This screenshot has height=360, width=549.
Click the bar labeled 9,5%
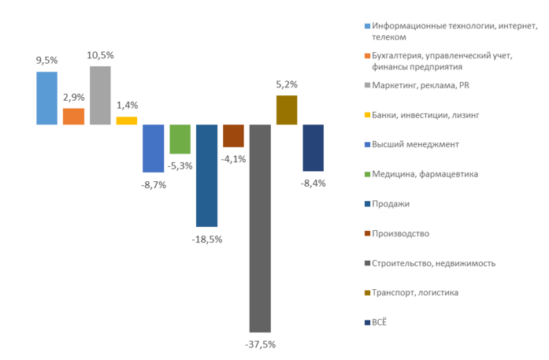pos(46,98)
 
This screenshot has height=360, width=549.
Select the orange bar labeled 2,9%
pos(73,117)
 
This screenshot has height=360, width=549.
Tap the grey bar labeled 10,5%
pos(100,95)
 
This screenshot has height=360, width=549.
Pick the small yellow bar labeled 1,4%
pos(127,121)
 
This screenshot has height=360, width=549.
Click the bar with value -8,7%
pos(153,148)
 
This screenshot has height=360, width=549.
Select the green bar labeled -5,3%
pos(180,139)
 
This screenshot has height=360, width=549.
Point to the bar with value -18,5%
pos(206,176)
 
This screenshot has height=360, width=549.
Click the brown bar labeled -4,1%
pos(233,135)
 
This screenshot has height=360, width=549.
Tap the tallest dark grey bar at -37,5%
pos(260,228)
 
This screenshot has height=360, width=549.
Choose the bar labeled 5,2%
pos(287,110)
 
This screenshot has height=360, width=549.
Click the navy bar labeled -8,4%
pos(313,147)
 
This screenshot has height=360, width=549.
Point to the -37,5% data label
pos(260,344)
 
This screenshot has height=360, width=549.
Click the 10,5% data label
pos(100,55)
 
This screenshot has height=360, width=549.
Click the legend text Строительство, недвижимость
pos(433,263)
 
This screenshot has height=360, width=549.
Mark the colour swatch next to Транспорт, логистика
pos(367,292)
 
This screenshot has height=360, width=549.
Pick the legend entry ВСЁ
pos(382,322)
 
